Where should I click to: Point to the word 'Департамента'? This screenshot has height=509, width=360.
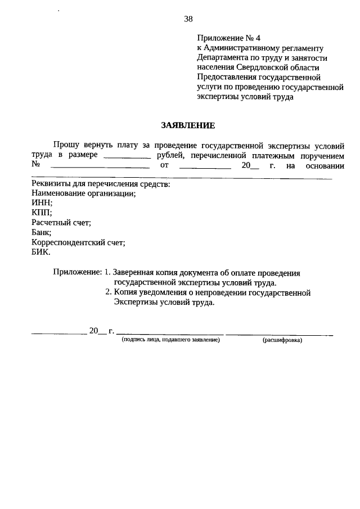222,58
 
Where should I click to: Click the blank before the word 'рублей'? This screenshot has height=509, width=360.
128,155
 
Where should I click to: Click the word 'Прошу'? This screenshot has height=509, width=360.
66,145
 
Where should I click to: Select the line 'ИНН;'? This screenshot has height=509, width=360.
42,203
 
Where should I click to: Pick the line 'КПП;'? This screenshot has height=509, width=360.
42,213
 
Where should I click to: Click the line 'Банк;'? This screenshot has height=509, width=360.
42,232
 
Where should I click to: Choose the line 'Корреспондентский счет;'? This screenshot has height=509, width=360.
78,242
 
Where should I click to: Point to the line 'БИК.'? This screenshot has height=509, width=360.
41,252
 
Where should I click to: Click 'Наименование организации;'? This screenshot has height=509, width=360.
84,193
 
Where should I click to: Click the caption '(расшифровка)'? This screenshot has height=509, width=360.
282,340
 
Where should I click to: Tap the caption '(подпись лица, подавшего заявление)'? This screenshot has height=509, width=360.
170,340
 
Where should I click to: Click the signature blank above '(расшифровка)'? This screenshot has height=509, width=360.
279,333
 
